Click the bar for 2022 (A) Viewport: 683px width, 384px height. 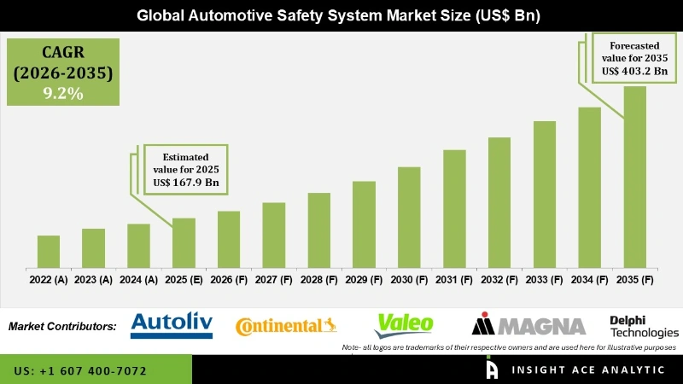point(49,252)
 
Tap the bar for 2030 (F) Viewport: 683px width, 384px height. point(409,217)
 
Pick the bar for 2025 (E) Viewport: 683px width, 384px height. point(184,242)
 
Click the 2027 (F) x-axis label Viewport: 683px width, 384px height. point(274,279)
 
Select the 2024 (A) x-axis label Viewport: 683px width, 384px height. point(138,279)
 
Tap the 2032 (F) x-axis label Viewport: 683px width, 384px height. point(499,279)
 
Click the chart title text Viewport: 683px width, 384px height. point(341,15)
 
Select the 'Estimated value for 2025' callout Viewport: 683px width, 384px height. point(185,168)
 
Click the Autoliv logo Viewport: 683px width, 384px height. point(172,324)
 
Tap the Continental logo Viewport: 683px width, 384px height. point(285,325)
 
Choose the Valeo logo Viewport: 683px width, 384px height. point(405,323)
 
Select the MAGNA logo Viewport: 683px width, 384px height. point(528,324)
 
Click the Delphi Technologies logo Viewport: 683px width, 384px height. point(644,325)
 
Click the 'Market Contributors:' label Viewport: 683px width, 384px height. point(62,326)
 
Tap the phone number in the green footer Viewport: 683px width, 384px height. point(80,371)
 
